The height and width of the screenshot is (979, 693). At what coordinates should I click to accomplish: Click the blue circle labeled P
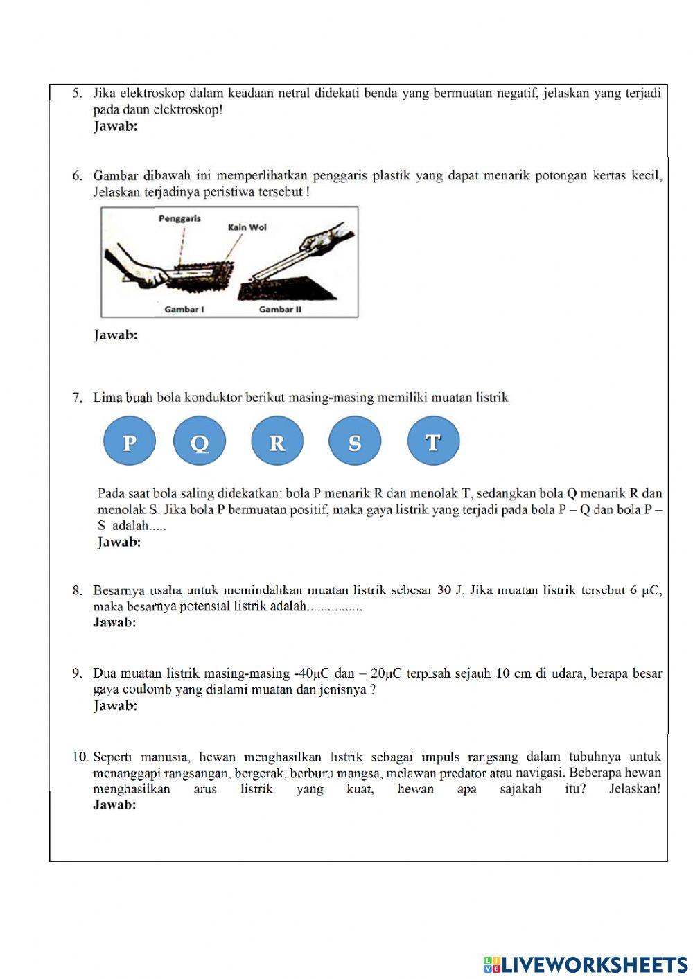129,441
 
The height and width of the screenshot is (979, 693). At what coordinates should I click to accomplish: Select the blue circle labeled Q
200,441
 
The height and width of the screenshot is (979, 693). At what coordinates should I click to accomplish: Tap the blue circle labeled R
277,441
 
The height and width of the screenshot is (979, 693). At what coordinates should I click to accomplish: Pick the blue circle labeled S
355,441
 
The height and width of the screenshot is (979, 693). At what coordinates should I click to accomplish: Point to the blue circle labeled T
433,441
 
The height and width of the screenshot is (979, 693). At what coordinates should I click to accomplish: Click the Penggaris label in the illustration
179,218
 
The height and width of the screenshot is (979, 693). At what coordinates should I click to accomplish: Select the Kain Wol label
247,227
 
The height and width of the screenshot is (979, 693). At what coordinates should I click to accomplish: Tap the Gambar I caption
184,309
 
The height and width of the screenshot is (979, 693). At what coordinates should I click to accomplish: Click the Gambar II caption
280,309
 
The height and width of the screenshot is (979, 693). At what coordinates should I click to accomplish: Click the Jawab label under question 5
115,126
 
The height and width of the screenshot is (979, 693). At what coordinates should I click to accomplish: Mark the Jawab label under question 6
115,335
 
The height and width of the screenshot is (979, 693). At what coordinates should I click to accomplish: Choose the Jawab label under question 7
119,543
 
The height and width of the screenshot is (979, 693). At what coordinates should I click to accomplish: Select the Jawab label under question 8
114,622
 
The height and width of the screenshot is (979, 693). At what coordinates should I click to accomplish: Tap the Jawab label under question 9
115,706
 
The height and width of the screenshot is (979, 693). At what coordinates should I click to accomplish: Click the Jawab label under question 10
114,805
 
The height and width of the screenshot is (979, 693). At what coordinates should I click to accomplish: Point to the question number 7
78,398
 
